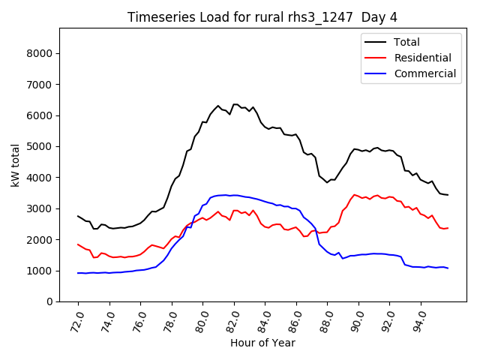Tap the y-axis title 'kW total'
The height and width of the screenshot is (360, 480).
16,164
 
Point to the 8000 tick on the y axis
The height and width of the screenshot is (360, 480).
41,53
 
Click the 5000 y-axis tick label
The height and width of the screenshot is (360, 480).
41,146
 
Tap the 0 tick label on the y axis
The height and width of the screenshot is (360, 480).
50,301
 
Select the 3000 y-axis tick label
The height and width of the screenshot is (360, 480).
41,208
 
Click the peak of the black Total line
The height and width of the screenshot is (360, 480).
235,104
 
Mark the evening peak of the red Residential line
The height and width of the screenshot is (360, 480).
354,195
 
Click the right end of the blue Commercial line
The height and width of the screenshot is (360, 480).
448,268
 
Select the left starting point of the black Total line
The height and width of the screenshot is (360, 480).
78,216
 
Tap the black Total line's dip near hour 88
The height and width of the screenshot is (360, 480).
327,182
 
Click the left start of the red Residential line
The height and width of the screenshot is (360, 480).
78,244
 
